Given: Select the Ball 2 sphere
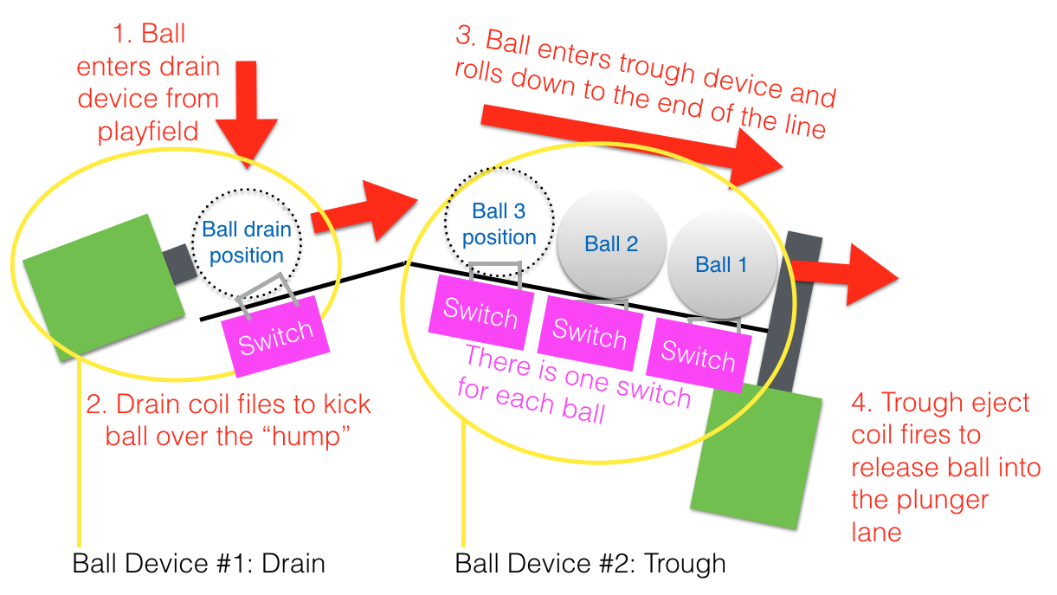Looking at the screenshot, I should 611,243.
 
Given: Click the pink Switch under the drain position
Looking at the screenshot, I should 275,336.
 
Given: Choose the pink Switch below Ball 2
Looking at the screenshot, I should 590,331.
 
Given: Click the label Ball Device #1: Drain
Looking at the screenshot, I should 198,564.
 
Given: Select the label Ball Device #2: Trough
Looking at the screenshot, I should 590,564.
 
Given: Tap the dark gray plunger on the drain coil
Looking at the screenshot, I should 177,264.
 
